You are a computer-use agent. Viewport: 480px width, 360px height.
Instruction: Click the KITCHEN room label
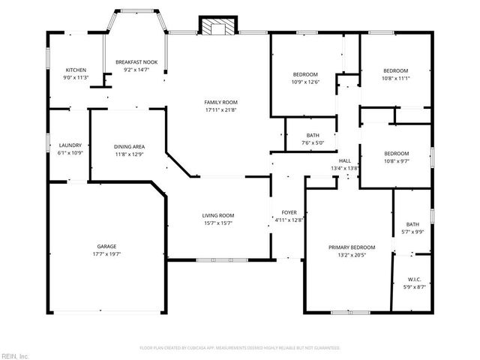[76, 70]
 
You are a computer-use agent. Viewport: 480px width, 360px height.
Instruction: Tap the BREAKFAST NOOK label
[136, 62]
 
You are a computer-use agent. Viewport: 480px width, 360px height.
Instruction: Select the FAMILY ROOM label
[220, 102]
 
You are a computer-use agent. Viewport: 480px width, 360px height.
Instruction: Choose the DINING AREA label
[129, 147]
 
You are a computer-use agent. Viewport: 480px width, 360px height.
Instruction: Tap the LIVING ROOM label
[218, 216]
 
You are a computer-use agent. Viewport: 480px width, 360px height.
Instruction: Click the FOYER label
[288, 212]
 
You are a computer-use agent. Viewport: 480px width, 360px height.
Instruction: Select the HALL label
[345, 160]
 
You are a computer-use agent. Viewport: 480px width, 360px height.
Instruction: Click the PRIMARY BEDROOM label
[352, 247]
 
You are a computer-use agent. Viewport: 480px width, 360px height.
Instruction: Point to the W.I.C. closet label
[413, 279]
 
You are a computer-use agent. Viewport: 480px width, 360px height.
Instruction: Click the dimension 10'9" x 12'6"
[305, 82]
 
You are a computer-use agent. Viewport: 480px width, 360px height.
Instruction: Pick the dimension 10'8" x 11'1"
[395, 77]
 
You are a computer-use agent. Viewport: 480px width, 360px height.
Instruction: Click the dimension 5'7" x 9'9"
[412, 231]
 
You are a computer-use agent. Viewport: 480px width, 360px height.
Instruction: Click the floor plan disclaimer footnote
[240, 348]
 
